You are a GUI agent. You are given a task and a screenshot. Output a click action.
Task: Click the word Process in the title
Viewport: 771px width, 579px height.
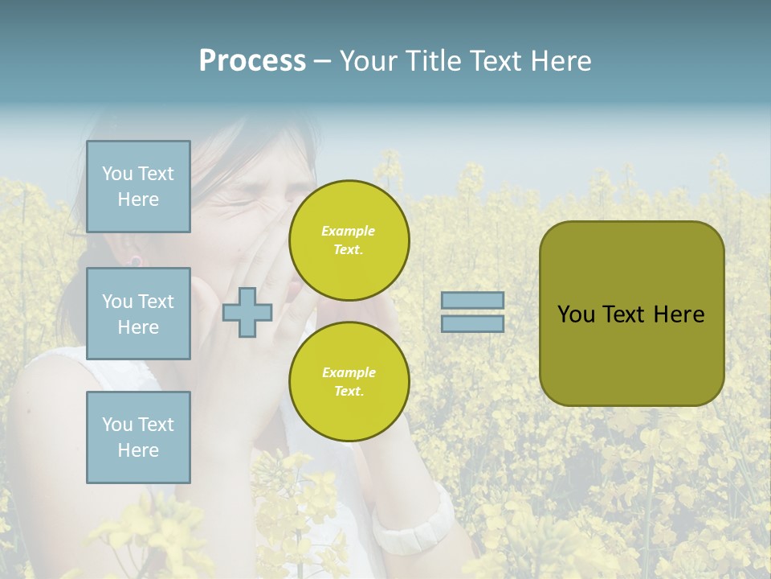(252, 61)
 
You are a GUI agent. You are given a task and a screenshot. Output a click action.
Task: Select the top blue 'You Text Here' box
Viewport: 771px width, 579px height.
(138, 187)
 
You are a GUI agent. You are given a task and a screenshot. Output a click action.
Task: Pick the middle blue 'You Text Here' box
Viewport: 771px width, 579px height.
(138, 314)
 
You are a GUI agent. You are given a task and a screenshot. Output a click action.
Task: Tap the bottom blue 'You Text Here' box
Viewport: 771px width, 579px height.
(138, 437)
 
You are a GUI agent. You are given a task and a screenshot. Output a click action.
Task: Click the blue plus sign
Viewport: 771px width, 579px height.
(247, 312)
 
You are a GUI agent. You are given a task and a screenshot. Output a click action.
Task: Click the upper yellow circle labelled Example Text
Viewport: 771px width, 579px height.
(349, 240)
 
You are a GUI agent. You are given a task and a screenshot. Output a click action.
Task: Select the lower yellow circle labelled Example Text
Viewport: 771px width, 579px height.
(349, 381)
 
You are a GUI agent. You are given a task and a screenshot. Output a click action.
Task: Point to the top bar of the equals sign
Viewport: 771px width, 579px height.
(473, 301)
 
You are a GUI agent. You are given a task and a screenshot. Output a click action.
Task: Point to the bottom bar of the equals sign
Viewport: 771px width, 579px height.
(473, 323)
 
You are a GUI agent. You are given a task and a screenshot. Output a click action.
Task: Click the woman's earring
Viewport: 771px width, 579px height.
(136, 261)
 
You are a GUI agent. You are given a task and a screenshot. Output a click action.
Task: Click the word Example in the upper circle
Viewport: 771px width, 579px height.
(349, 231)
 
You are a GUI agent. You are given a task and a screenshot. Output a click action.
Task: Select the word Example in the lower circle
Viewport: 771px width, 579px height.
(349, 372)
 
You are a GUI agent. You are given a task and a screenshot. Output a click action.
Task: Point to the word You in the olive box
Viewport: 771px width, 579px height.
(576, 314)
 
